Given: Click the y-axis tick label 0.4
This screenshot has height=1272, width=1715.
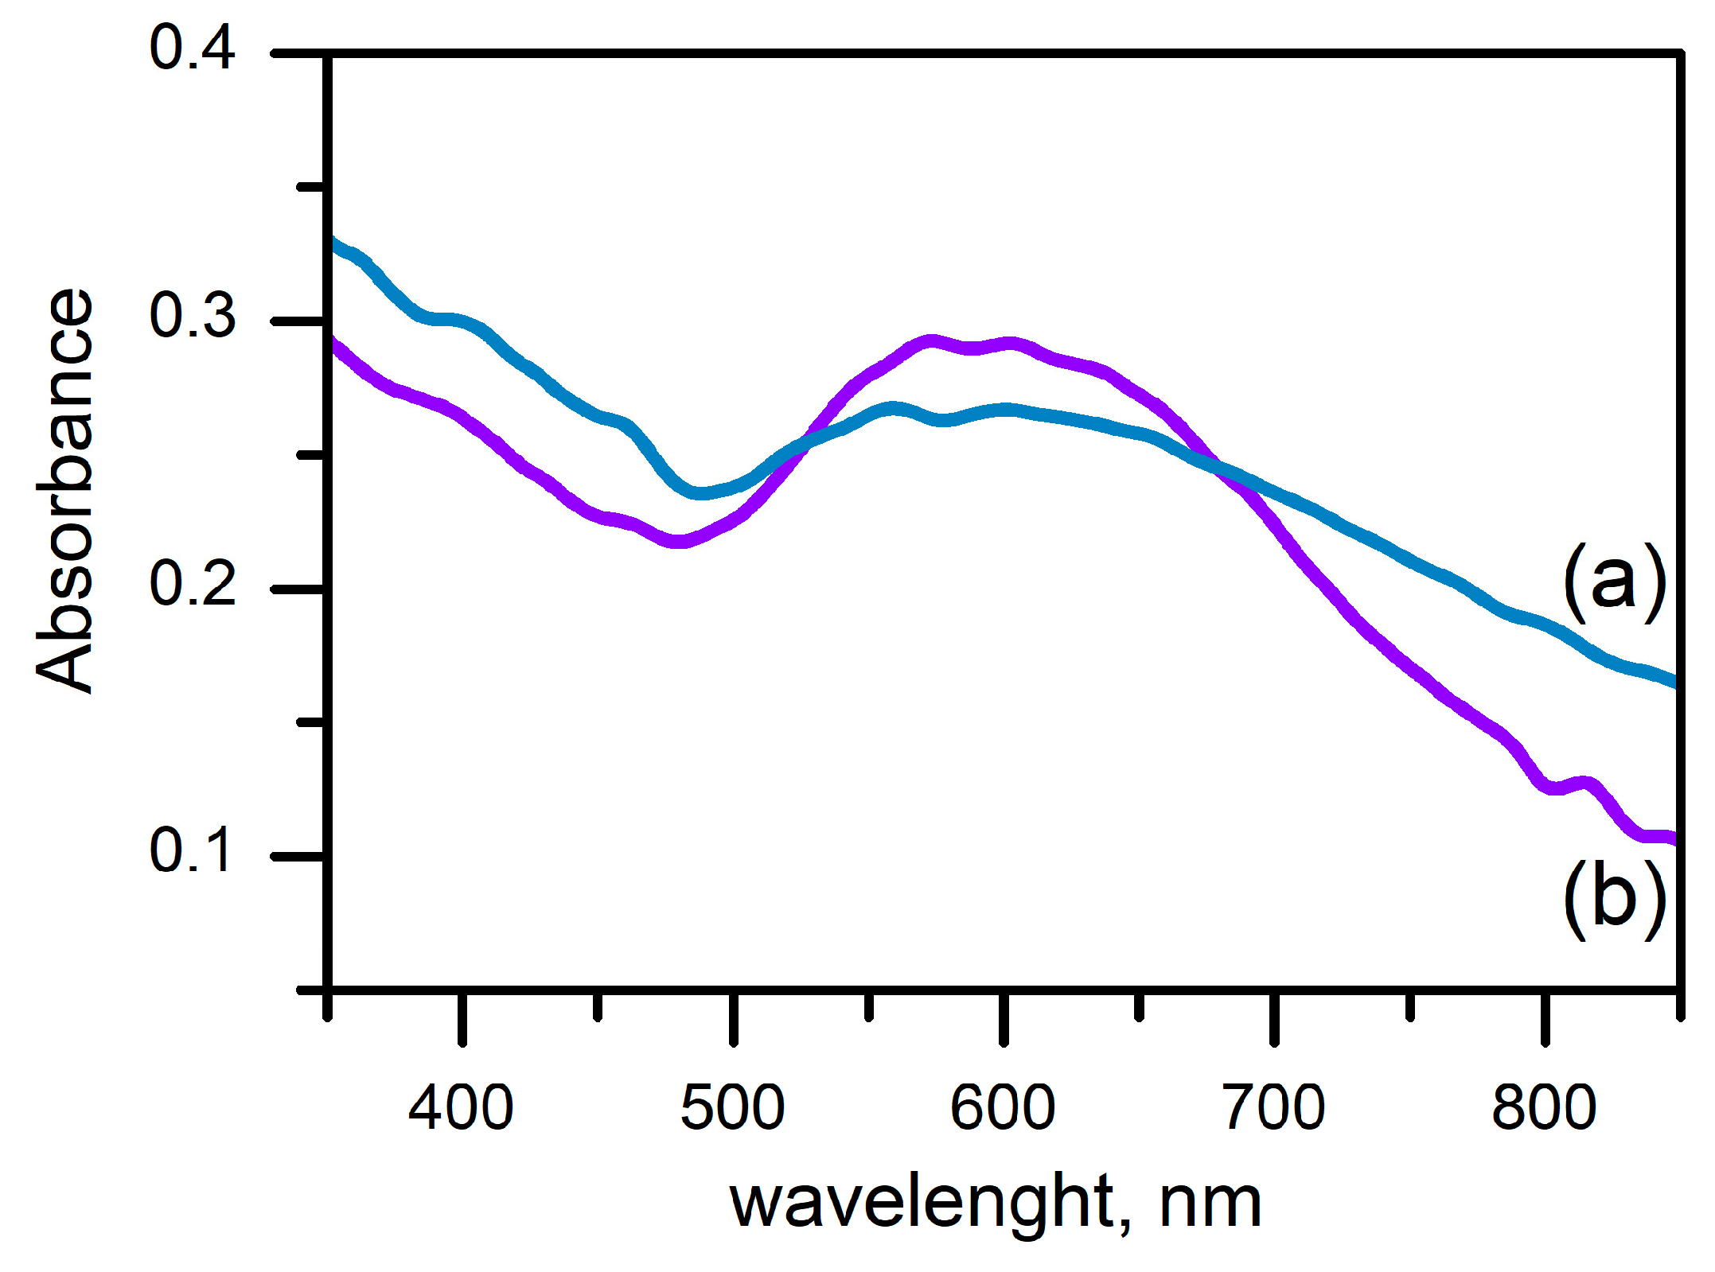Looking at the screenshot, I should [x=192, y=49].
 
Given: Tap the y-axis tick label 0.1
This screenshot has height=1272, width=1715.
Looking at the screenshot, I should [x=192, y=850].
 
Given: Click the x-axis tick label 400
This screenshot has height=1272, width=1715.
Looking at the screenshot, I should [x=461, y=1108].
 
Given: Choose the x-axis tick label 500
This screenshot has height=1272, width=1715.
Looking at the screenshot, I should [x=732, y=1108].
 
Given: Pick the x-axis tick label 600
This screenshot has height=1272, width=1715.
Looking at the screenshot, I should [x=1003, y=1108].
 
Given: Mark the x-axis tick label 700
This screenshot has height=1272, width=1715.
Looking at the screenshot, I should [x=1274, y=1108].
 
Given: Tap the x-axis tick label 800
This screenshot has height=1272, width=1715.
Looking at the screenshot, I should [x=1545, y=1108].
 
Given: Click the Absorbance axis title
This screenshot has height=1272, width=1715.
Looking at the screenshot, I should [x=65, y=491].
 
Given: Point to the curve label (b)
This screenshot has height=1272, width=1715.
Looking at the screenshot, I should [x=1614, y=900].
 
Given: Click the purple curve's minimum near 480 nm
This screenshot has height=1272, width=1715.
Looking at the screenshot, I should [x=677, y=542].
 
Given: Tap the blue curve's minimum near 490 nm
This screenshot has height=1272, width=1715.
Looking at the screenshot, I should [x=700, y=493].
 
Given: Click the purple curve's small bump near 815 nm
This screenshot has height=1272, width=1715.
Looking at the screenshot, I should [x=1582, y=784].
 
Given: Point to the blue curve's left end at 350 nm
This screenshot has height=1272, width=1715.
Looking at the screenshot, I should [x=334, y=239].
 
